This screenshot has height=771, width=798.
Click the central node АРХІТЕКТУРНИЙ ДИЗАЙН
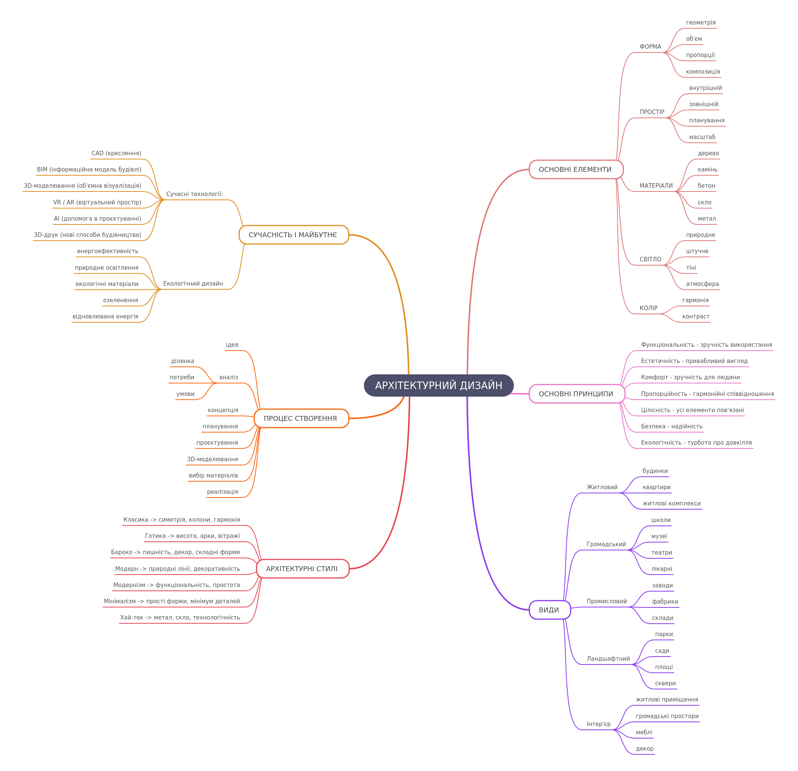click(439, 385)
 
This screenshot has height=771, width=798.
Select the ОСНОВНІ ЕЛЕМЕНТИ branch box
click(576, 169)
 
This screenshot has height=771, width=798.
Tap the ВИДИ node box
click(550, 610)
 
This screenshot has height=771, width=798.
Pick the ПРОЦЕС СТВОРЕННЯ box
click(301, 419)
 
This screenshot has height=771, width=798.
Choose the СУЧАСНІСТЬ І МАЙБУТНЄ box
click(294, 235)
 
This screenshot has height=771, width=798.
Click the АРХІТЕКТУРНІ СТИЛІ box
click(303, 569)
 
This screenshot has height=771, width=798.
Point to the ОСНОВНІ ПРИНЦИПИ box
click(577, 394)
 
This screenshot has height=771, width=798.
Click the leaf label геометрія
click(701, 23)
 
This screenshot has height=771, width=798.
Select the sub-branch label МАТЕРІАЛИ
click(656, 185)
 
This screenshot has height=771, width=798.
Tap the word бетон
click(707, 185)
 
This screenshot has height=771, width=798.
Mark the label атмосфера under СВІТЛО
click(702, 284)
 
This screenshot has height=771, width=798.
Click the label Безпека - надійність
click(672, 426)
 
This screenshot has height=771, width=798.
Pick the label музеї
click(659, 536)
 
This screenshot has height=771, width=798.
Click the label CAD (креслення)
click(116, 153)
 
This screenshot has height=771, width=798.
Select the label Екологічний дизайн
click(193, 284)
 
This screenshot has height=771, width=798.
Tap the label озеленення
click(121, 300)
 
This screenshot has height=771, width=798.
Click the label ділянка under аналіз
click(182, 361)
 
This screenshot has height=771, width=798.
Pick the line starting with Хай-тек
click(180, 618)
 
